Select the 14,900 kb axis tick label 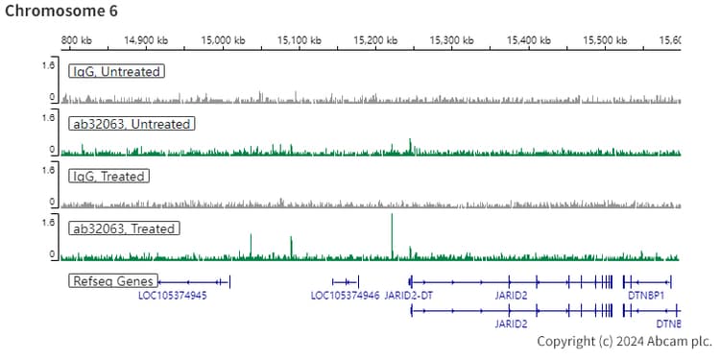pyautogui.click(x=146, y=40)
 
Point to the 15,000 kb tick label pyautogui.click(x=223, y=40)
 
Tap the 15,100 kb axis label pyautogui.click(x=299, y=40)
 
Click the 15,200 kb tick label pyautogui.click(x=374, y=40)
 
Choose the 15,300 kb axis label pyautogui.click(x=450, y=40)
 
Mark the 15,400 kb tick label pyautogui.click(x=526, y=40)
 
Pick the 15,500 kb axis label pyautogui.click(x=602, y=40)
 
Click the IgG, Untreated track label pyautogui.click(x=116, y=71)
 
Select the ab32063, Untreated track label pyautogui.click(x=131, y=124)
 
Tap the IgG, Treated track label pyautogui.click(x=108, y=177)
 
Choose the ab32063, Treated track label pyautogui.click(x=123, y=229)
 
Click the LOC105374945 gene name pyautogui.click(x=173, y=296)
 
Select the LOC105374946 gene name pyautogui.click(x=345, y=296)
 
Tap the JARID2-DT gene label pyautogui.click(x=409, y=296)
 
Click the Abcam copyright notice pyautogui.click(x=624, y=341)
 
